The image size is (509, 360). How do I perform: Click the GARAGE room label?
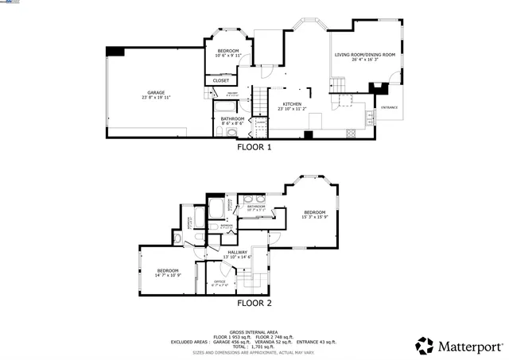[x=155, y=92]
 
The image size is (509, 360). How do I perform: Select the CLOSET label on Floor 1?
[x=221, y=80]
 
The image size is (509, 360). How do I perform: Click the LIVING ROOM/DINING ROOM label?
[x=364, y=55]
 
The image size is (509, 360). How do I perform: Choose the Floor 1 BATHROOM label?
[x=232, y=118]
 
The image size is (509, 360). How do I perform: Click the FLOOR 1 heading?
[x=254, y=147]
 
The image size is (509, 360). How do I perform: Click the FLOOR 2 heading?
[x=254, y=303]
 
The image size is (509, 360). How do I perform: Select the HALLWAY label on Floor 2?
[x=238, y=252]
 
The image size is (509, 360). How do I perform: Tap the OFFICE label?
[x=220, y=281]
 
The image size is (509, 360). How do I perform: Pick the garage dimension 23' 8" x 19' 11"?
[x=155, y=97]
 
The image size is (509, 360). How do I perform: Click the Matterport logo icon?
[x=425, y=346]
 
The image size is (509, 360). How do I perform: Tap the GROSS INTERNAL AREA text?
[x=254, y=331]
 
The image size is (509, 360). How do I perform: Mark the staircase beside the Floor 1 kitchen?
[x=261, y=102]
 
